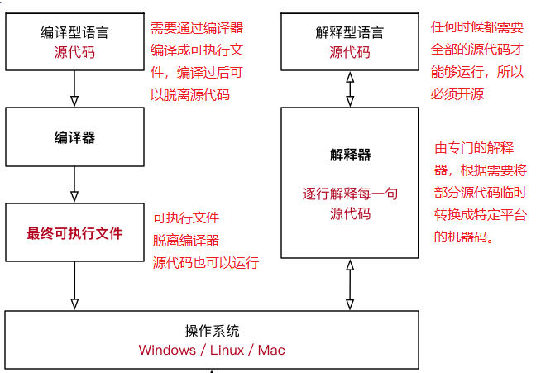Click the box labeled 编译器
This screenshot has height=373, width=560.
(74, 137)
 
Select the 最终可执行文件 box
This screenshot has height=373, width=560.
(74, 233)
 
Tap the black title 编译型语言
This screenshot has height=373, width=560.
(74, 33)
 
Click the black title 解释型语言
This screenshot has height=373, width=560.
(350, 33)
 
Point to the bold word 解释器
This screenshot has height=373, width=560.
(350, 155)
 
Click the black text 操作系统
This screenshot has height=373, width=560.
(212, 331)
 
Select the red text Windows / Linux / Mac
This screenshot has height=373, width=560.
(212, 350)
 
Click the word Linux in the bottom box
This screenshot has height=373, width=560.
(227, 350)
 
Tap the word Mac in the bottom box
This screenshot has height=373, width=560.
(271, 350)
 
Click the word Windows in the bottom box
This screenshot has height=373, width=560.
(167, 350)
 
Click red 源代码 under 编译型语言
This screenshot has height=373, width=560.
(74, 52)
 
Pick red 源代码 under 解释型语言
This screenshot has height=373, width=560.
(350, 52)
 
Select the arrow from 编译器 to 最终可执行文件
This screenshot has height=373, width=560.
(74, 184)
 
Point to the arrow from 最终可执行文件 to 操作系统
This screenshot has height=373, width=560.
(74, 285)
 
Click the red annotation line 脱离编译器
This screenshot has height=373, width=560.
(186, 241)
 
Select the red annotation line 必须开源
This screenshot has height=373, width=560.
(457, 94)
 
